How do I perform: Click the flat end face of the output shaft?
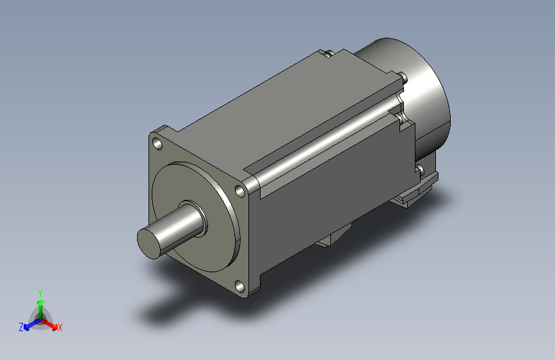(149, 243)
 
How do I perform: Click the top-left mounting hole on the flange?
(157, 144)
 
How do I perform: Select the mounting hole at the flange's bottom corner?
(239, 286)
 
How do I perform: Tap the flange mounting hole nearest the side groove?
(240, 192)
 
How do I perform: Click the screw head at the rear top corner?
(404, 78)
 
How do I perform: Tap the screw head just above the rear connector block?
(421, 170)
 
